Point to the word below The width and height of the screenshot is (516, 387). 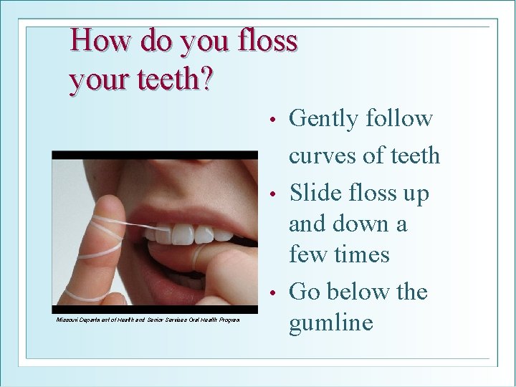[x=359, y=292]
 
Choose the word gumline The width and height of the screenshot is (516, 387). [x=330, y=323]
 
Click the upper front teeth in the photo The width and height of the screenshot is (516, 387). [x=185, y=234]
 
